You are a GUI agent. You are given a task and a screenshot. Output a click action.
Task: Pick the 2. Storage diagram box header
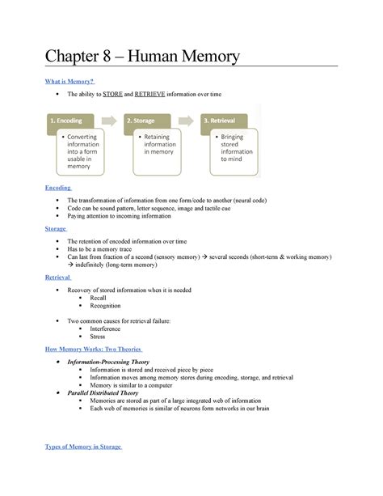point(150,121)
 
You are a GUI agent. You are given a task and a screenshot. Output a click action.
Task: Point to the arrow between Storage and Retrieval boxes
point(189,121)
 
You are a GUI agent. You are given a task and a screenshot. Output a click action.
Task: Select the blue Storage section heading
point(56,229)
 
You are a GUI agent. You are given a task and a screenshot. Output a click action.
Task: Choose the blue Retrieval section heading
point(58,278)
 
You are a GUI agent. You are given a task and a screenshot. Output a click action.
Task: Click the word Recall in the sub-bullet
point(98,298)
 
